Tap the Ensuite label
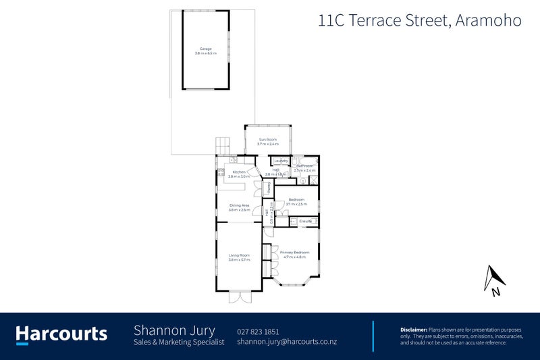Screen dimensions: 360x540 [305, 222]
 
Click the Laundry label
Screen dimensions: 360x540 [282, 161]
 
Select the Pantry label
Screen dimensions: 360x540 [268, 188]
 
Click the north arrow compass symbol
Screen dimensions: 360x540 [495, 280]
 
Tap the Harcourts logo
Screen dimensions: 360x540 [61, 334]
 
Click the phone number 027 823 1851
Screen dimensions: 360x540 [258, 331]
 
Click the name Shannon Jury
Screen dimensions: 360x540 [174, 330]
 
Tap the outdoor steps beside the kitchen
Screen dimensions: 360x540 [223, 145]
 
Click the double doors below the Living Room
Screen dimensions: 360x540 [239, 297]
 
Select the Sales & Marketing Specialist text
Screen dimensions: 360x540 [179, 343]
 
